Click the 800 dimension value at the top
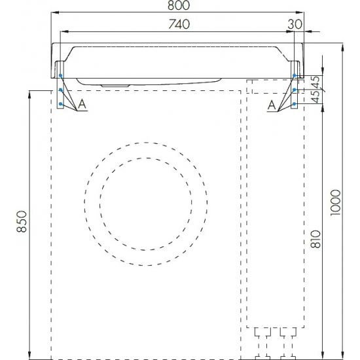pos(179,5)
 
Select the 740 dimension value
pos(179,24)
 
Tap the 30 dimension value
pos(295,24)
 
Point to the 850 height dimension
pos(22,221)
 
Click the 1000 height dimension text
pos(335,202)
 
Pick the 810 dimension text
pos(315,239)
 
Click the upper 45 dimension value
pos(316,82)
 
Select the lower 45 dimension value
pos(316,97)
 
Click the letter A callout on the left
pos(82,105)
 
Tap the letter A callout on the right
pos(272,105)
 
